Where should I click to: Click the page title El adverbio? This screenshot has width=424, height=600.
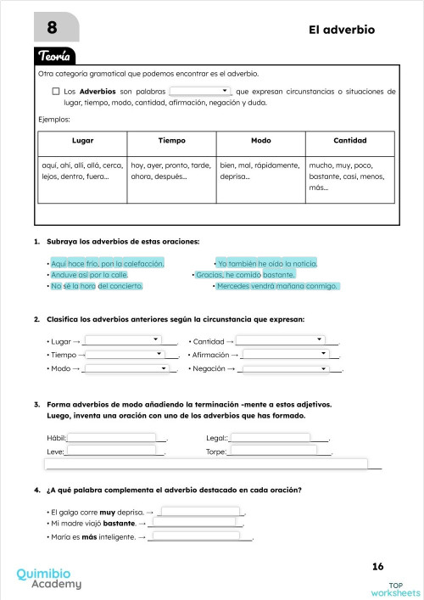[x=343, y=30]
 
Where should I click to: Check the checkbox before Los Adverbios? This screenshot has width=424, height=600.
[x=55, y=91]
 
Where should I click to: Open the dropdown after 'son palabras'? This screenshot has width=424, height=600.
[x=200, y=90]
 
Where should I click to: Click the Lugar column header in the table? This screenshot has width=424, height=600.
[x=82, y=140]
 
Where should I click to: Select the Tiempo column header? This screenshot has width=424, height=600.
[x=171, y=140]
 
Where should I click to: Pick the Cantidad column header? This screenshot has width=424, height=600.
[x=349, y=140]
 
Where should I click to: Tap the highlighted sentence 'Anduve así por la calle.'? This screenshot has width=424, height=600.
[x=89, y=275]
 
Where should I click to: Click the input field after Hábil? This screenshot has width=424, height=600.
[x=116, y=437]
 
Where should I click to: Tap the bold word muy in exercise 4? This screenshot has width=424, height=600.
[x=107, y=513]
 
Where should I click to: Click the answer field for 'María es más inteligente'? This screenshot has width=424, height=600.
[x=200, y=536]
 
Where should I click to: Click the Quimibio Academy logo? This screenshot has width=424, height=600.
[x=49, y=578]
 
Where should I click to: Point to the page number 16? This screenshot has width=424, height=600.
[x=377, y=566]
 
